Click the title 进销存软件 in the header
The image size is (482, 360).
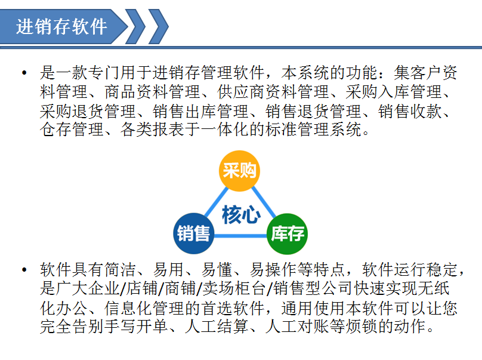tap(61, 26)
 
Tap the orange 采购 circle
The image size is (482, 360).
tap(239, 171)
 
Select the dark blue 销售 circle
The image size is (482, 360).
tap(194, 233)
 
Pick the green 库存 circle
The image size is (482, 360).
tap(287, 234)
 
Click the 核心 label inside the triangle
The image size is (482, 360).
tap(242, 214)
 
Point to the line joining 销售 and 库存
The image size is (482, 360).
tap(240, 236)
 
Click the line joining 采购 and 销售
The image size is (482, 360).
tap(217, 202)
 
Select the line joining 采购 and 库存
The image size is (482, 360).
tap(264, 202)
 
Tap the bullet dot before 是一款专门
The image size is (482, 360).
tap(24, 73)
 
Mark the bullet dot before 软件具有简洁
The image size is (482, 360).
tap(24, 270)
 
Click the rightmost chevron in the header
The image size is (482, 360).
tap(159, 26)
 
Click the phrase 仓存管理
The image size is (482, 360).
tap(72, 129)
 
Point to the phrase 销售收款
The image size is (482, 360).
tap(410, 111)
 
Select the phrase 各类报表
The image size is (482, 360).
tap(153, 129)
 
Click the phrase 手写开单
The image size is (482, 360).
tap(136, 326)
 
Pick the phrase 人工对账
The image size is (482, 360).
tap(297, 326)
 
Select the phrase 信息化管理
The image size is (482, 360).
tap(144, 307)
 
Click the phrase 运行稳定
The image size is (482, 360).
tap(426, 270)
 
